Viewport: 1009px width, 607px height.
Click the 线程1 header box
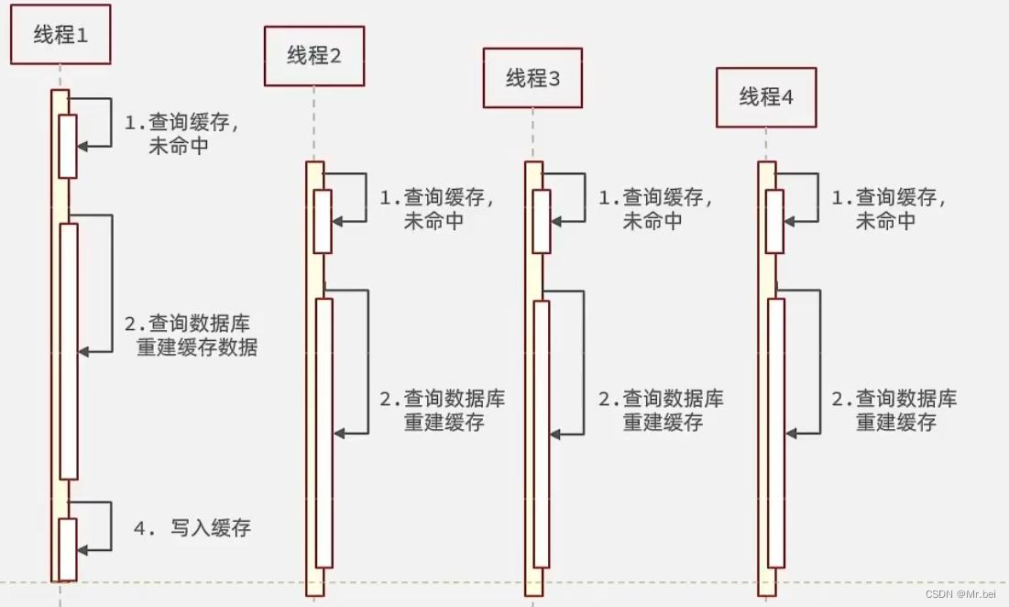(x=60, y=35)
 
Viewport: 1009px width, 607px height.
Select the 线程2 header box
(x=314, y=56)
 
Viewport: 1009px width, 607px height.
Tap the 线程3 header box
(x=532, y=78)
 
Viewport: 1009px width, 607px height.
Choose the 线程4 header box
(x=766, y=96)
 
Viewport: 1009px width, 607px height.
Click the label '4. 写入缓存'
(x=192, y=528)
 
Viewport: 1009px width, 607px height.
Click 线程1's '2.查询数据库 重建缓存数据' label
(x=191, y=336)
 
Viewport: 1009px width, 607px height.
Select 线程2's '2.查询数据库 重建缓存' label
(x=443, y=411)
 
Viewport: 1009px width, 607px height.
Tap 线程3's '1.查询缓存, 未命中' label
(x=655, y=209)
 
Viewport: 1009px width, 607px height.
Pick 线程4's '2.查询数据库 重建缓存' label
(x=894, y=411)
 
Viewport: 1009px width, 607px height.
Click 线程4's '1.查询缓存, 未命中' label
(x=888, y=209)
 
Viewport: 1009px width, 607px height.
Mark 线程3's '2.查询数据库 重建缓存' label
(x=662, y=411)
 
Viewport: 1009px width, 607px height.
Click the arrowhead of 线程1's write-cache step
(x=82, y=549)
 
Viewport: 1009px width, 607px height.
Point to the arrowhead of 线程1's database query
(x=82, y=351)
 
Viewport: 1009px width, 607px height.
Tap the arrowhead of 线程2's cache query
(x=337, y=220)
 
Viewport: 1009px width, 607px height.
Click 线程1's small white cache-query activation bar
(x=68, y=146)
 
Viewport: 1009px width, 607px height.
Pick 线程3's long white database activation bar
(x=541, y=433)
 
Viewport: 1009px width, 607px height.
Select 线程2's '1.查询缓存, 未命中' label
(x=436, y=209)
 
